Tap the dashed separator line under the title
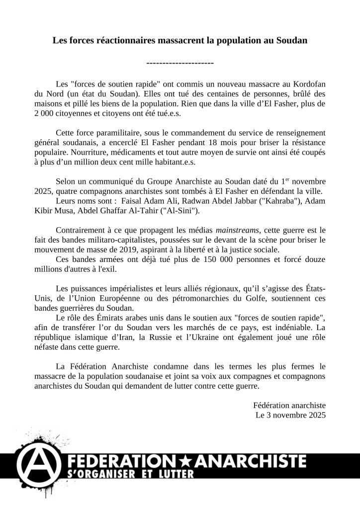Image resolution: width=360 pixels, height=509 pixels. pos(180,63)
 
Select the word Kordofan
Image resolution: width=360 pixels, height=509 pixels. pos(308,84)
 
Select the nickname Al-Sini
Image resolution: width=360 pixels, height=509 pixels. pos(184,211)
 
